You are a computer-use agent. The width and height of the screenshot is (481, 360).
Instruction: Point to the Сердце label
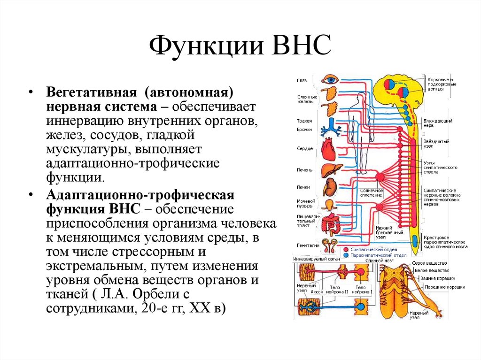305,149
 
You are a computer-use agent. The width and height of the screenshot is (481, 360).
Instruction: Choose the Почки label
303,187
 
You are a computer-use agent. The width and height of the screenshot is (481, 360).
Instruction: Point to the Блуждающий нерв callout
437,123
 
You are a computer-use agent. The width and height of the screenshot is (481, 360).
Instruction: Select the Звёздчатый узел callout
435,144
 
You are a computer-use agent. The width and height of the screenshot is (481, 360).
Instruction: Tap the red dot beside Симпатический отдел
346,250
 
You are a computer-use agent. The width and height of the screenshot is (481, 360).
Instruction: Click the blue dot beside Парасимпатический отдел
346,255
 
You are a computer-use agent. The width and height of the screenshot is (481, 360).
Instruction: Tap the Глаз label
302,80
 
